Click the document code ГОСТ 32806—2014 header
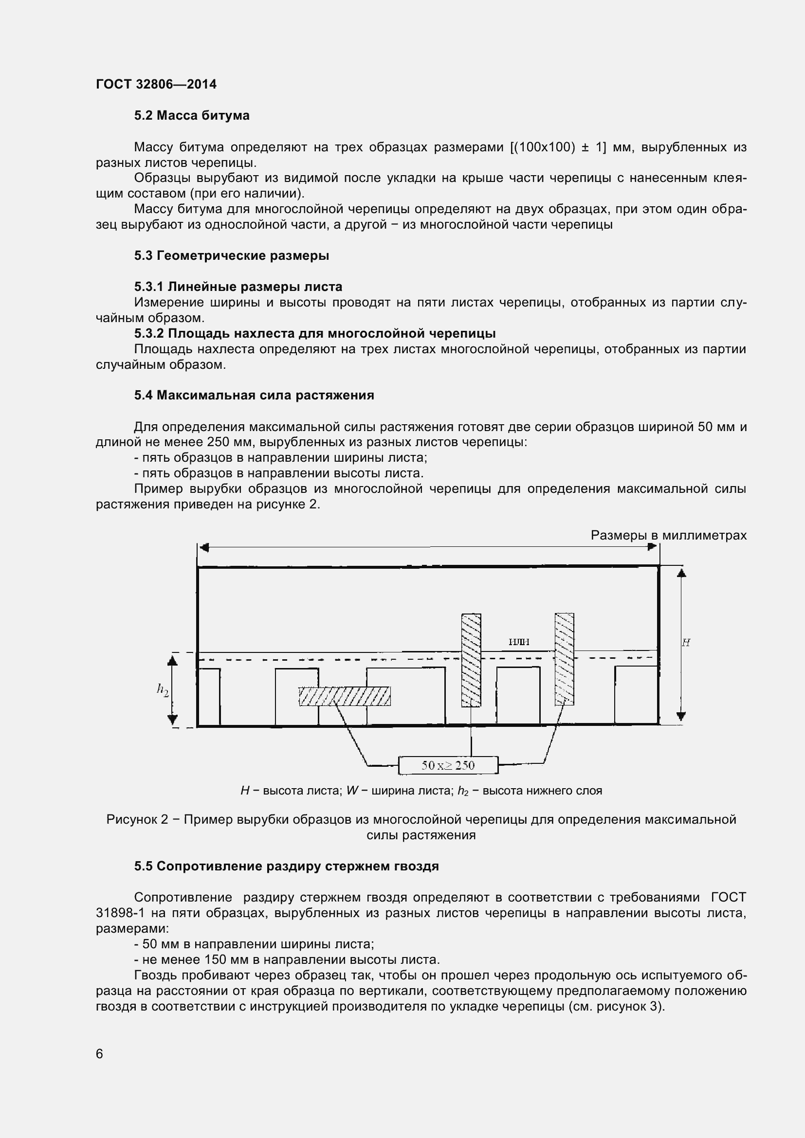click(156, 84)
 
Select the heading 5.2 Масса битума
click(192, 115)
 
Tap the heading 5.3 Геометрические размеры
click(232, 256)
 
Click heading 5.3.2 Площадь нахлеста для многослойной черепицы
click(315, 334)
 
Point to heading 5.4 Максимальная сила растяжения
click(254, 396)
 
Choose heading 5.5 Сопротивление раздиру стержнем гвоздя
click(286, 867)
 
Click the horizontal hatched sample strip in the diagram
click(345, 696)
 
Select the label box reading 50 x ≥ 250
click(448, 765)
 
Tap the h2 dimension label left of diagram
click(163, 689)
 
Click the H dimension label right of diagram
click(686, 643)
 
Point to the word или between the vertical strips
click(519, 642)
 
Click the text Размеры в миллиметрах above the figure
click(668, 535)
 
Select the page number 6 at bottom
click(100, 1054)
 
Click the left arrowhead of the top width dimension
click(204, 547)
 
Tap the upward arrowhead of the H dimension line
click(681, 573)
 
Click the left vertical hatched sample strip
click(471, 660)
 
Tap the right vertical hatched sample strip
click(564, 659)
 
